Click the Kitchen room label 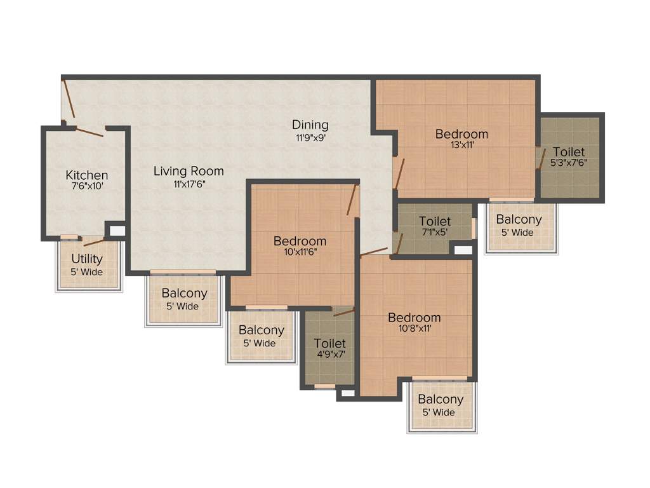point(87,175)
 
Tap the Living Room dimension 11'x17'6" point(189,184)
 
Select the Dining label point(310,125)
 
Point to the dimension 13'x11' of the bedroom point(461,145)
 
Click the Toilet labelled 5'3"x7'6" point(569,152)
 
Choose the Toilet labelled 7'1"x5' point(435,222)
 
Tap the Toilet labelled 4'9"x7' point(330,344)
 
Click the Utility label point(87,259)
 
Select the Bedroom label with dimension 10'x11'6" point(300,241)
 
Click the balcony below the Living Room point(184,299)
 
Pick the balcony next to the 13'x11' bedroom point(519,226)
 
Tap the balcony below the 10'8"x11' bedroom point(441,405)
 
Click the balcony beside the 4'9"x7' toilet point(261,336)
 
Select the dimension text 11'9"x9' point(310,137)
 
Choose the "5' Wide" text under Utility point(87,272)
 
